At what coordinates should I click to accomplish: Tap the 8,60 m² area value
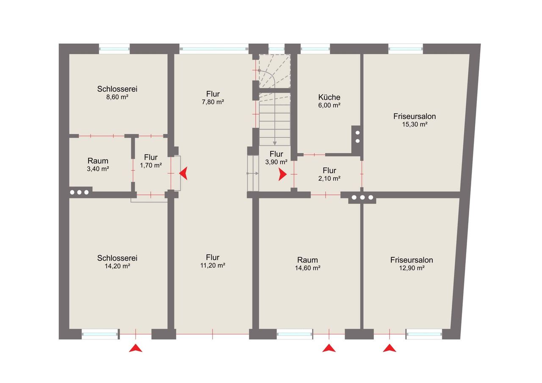pos(117,97)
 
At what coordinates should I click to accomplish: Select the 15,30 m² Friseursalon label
pos(415,120)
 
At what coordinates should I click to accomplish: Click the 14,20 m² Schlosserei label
pos(117,262)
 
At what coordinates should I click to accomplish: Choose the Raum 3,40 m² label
pos(98,165)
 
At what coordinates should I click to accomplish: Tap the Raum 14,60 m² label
pos(307,264)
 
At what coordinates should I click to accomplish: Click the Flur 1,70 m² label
pos(151,161)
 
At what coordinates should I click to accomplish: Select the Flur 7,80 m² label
pos(213,98)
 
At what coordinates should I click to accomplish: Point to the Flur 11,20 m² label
pos(213,261)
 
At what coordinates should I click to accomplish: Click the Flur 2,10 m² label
pos(329,174)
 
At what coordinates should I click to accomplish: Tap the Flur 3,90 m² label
pos(277,158)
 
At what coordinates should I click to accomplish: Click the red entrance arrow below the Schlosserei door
pos(135,348)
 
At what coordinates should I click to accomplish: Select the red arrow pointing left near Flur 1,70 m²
pos(183,174)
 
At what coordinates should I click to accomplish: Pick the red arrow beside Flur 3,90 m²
pos(282,174)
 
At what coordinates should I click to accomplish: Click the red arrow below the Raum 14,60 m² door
pos(329,348)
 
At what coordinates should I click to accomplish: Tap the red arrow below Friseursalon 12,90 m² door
pos(389,348)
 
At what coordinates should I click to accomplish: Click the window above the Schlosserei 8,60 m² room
pos(114,49)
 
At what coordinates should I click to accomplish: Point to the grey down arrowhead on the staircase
pos(275,143)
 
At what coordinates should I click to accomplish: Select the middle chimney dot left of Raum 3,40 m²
pos(79,193)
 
